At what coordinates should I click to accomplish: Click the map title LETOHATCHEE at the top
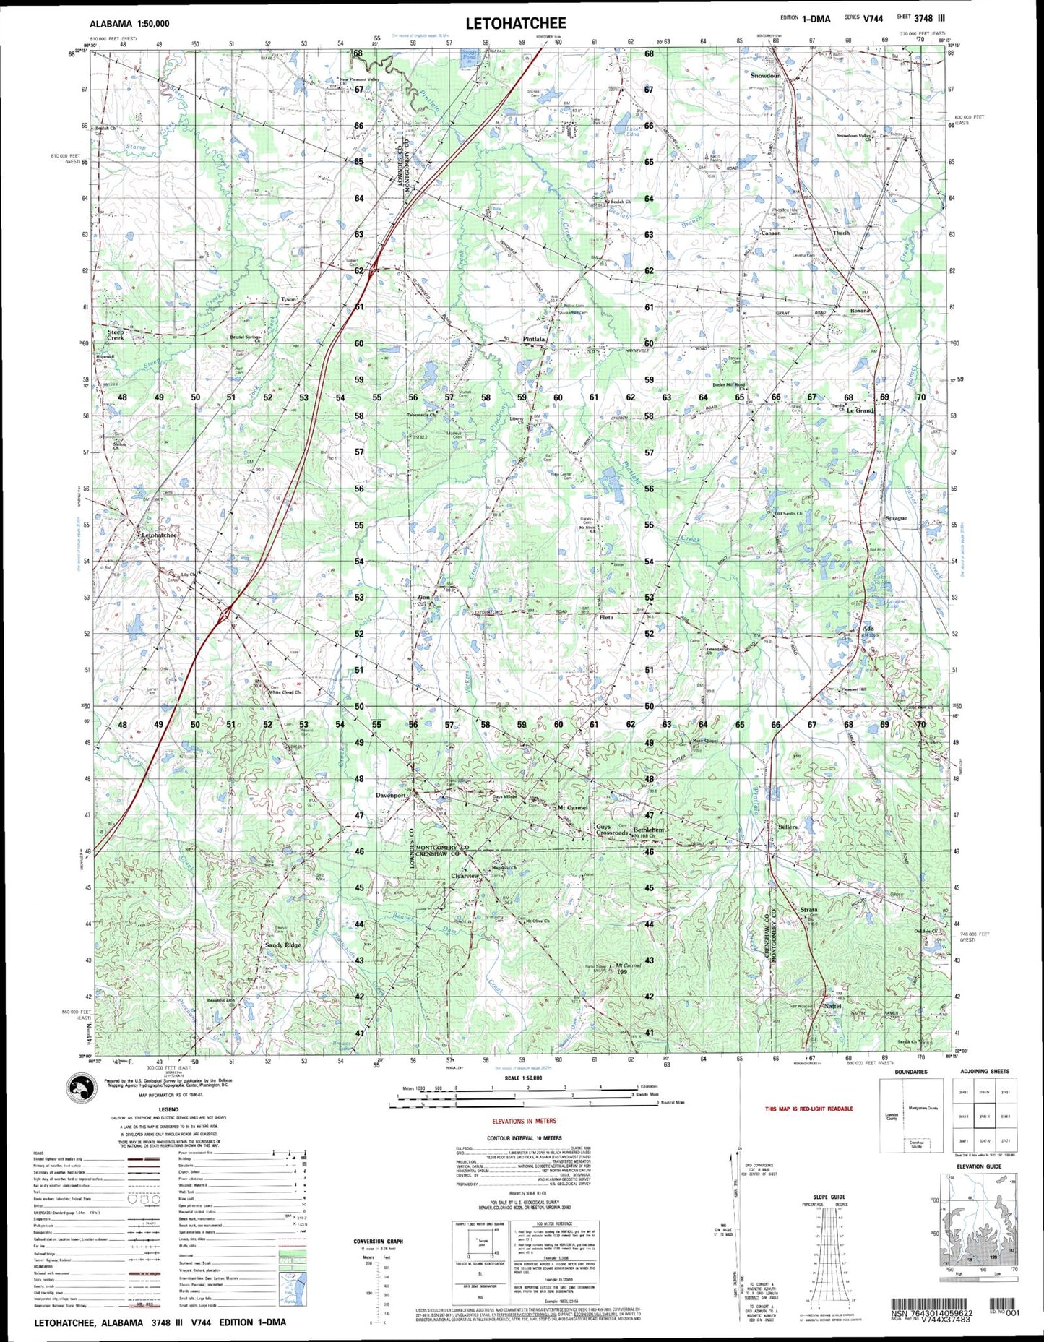point(515,23)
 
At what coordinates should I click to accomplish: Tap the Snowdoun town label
point(765,76)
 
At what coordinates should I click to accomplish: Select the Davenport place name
point(391,795)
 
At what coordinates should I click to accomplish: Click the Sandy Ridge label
point(282,945)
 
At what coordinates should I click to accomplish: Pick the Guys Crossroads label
point(611,830)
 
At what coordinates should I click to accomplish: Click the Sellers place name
point(788,827)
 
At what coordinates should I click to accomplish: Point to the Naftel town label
point(832,1006)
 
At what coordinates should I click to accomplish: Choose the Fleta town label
point(605,617)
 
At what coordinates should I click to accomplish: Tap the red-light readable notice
point(808,1109)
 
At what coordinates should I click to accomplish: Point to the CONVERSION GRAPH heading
point(379,1242)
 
